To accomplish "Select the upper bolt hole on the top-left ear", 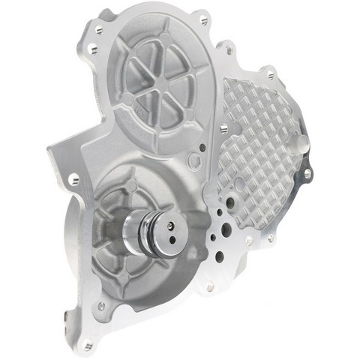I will (x=97, y=30).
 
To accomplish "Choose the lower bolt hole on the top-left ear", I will (x=91, y=49).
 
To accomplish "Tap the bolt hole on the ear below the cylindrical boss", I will (x=307, y=174).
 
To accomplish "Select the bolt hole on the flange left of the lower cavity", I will (x=73, y=179).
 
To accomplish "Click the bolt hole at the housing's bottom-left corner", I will (x=88, y=346).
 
